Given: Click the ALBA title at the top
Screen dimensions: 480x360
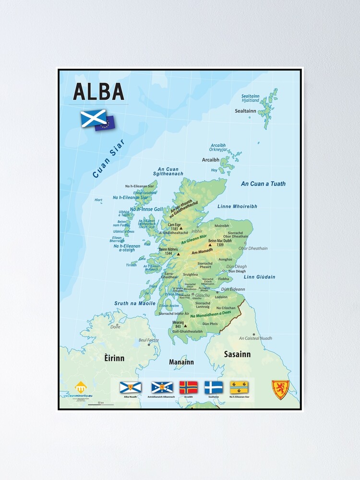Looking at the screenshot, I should [99, 92].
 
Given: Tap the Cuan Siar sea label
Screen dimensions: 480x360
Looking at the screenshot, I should [108, 158].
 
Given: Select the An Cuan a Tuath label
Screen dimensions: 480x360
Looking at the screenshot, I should [263, 184].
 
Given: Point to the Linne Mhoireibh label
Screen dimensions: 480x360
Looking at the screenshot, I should [237, 206].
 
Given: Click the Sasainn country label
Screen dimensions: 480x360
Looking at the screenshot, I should [237, 354].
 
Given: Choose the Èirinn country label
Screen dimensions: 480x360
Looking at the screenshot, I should [114, 358].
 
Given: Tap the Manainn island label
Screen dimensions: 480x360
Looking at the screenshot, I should [181, 362].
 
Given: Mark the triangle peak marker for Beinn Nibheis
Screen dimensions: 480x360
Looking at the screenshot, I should [178, 254].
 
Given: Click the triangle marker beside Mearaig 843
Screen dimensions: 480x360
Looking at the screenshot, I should [185, 326].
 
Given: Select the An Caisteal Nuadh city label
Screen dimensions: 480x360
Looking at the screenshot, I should [255, 338].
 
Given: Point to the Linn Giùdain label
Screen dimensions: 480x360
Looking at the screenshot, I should [259, 277].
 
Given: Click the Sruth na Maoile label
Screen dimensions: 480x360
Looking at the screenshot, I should [135, 303].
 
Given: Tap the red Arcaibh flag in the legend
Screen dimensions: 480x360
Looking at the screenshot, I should [188, 387].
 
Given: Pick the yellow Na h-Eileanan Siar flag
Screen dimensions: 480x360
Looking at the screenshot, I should [239, 387].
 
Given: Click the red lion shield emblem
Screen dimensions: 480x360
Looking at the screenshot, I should [280, 389].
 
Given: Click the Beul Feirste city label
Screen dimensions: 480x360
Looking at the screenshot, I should [148, 340].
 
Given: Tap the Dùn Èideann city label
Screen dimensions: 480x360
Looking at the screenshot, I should [233, 289].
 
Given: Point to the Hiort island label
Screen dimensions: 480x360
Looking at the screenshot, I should [98, 200].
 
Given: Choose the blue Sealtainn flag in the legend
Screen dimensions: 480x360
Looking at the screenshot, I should [214, 387].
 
